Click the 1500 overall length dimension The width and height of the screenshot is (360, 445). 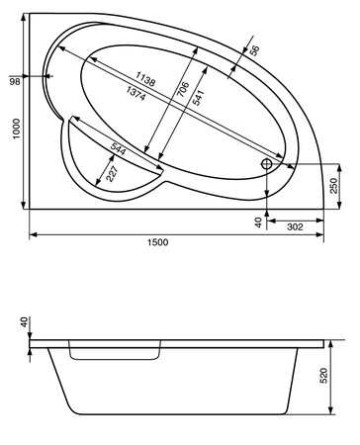tap(157, 242)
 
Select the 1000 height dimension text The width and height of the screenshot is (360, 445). tap(16, 129)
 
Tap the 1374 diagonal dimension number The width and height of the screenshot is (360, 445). tap(135, 93)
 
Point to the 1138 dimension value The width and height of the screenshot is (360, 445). tap(145, 79)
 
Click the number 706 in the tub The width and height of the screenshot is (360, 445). tap(183, 89)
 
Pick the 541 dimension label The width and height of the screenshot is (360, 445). tap(198, 98)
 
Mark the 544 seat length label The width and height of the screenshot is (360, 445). tap(118, 148)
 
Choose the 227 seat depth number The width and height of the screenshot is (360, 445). tap(112, 174)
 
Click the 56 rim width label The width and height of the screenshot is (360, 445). tap(254, 50)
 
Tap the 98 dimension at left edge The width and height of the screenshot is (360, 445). tap(15, 81)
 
